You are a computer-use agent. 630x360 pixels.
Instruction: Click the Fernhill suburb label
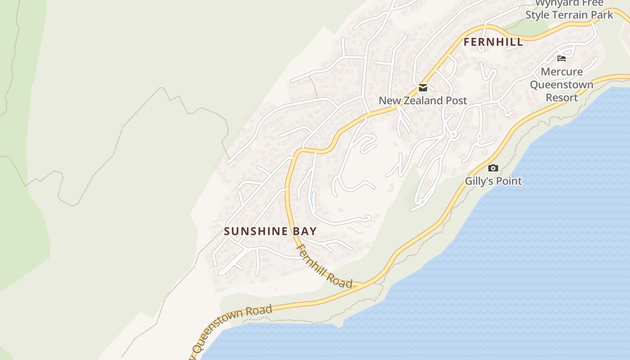[x=493, y=42]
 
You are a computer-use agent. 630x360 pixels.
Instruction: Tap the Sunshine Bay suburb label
[x=270, y=231]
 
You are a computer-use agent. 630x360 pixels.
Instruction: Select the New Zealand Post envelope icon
[x=423, y=87]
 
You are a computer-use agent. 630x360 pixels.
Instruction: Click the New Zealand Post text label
[x=423, y=100]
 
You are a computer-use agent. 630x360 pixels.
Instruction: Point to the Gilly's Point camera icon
[x=493, y=168]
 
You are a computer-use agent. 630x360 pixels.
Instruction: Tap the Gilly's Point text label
[x=493, y=181]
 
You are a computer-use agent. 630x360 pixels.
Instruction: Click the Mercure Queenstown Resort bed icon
[x=561, y=58]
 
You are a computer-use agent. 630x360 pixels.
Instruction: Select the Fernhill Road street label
[x=324, y=266]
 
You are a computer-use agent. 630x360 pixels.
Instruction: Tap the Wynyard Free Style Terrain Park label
[x=569, y=10]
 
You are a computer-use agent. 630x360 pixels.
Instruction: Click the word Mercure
[x=562, y=72]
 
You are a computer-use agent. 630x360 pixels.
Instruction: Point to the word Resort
[x=562, y=97]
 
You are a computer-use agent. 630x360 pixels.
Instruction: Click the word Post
[x=456, y=100]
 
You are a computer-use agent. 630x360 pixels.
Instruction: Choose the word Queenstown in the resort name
[x=562, y=85]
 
